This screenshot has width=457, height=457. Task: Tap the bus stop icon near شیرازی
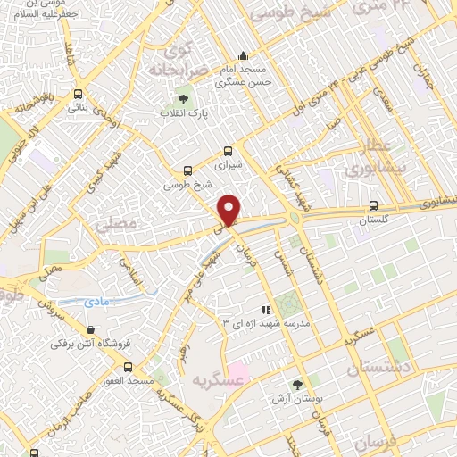point(228,151)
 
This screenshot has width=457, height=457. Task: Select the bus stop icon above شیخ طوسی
point(187,170)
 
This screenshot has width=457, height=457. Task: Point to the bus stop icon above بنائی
point(79,94)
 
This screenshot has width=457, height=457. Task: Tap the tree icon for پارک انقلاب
point(183,99)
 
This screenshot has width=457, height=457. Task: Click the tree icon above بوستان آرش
point(297,385)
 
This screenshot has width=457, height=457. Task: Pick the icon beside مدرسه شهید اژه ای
point(264,308)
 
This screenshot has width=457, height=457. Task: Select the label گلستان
point(375,219)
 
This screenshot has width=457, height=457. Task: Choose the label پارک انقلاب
point(184,113)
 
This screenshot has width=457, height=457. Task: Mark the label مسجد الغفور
point(128,380)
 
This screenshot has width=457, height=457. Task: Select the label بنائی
point(79,107)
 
